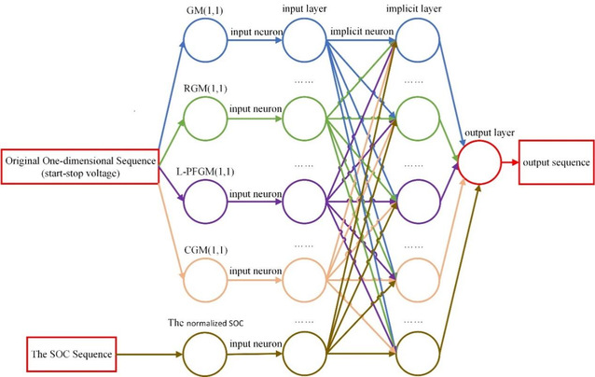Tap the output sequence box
click(x=556, y=163)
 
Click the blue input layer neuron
click(x=304, y=40)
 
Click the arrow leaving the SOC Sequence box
click(x=149, y=356)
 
